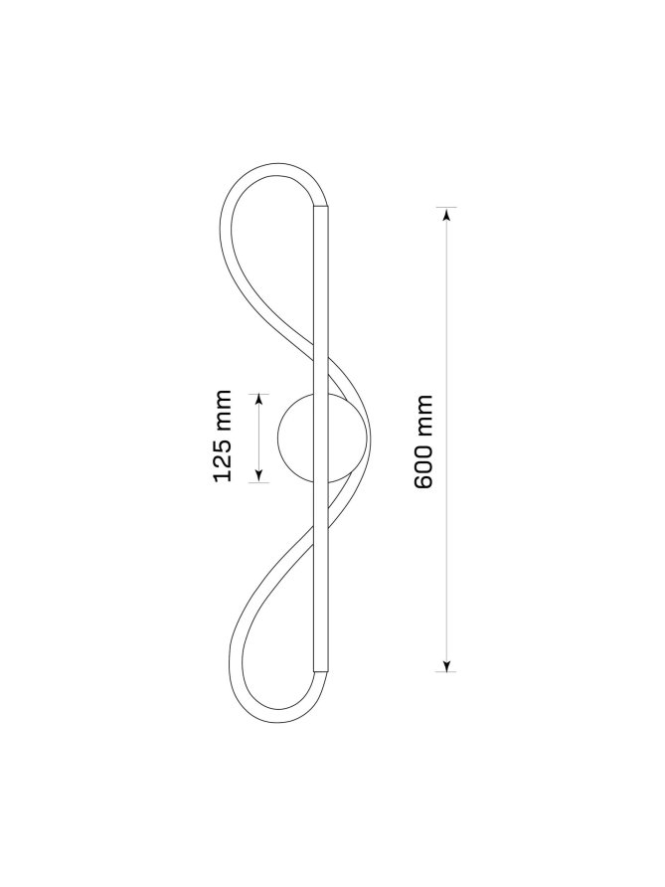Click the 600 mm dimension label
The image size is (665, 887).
[423, 442]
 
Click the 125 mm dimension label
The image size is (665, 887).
[223, 435]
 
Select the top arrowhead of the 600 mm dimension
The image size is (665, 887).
[446, 214]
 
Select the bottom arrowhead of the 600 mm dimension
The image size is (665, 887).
[446, 665]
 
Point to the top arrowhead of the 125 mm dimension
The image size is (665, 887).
[259, 400]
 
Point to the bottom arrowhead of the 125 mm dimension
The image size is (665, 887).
[259, 475]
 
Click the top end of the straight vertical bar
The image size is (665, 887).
[320, 207]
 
